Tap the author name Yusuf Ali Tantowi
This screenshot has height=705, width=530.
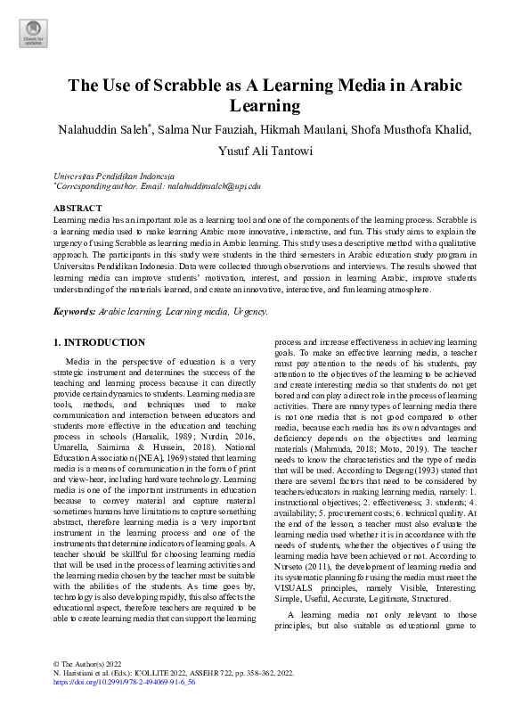coord(265,151)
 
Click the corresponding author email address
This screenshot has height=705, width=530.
coord(212,186)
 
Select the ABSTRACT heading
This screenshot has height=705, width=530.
coord(78,208)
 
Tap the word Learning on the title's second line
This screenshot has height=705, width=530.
coord(265,107)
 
